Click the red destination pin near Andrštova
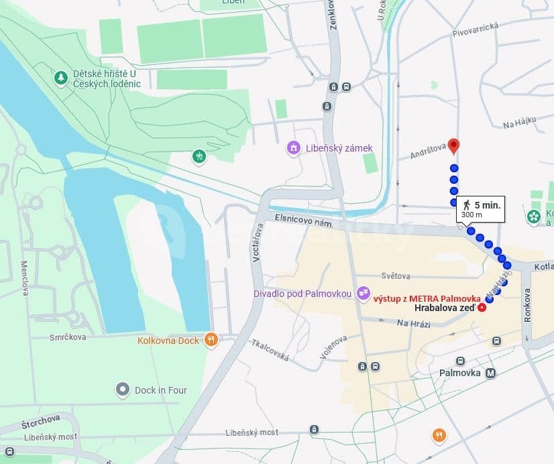(454, 146)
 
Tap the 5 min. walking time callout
(480, 209)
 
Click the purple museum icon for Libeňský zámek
(293, 148)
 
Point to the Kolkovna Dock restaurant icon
(211, 340)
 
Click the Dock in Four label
(160, 390)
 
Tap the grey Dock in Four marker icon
(122, 389)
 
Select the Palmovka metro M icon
(491, 373)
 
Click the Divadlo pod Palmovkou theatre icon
(363, 292)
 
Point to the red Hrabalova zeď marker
(482, 307)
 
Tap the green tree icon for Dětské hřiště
(61, 78)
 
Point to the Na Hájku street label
(520, 121)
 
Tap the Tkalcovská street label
(270, 349)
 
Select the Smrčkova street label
(67, 337)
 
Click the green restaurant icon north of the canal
(199, 157)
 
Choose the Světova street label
(396, 276)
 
